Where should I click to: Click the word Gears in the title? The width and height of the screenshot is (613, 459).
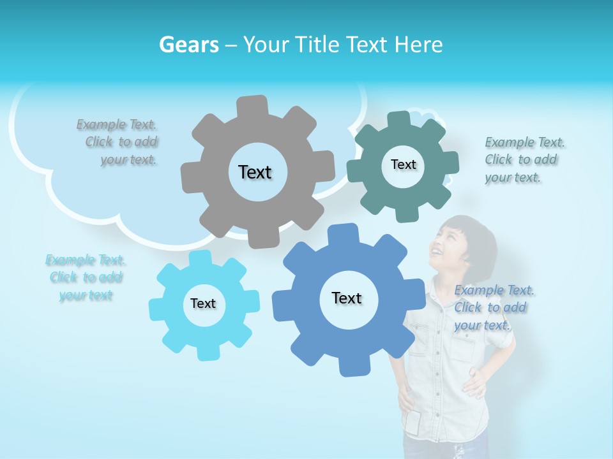(x=188, y=45)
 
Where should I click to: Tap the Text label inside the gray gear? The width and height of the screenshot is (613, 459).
(x=255, y=172)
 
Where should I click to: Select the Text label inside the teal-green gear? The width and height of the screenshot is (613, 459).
(x=403, y=164)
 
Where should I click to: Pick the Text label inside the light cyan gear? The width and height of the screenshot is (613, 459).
(x=203, y=303)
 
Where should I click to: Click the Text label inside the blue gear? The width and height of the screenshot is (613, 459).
(x=347, y=298)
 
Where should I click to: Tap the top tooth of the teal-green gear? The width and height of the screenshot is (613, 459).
(x=398, y=120)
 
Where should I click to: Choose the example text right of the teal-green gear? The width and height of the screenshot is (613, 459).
(x=524, y=159)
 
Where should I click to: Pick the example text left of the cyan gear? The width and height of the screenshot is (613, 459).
(x=86, y=277)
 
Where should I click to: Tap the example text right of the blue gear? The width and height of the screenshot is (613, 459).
(x=493, y=308)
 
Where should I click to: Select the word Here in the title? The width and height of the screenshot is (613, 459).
(x=419, y=45)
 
